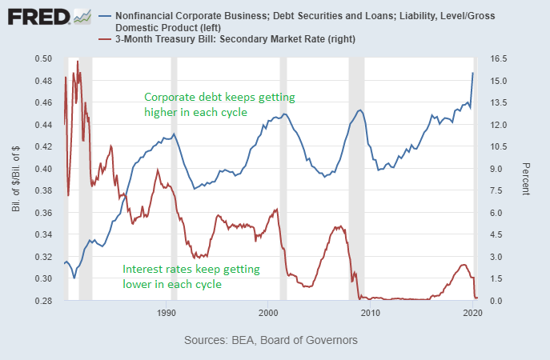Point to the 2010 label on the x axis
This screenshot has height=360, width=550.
pyautogui.click(x=370, y=312)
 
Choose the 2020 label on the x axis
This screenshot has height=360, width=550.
pyautogui.click(x=471, y=312)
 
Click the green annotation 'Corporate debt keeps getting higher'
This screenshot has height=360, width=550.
pyautogui.click(x=219, y=105)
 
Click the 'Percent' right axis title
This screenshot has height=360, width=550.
pyautogui.click(x=525, y=180)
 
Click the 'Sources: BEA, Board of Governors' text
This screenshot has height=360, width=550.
pyautogui.click(x=271, y=340)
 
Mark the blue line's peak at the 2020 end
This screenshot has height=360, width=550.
pyautogui.click(x=472, y=73)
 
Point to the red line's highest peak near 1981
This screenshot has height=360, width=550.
pyautogui.click(x=78, y=61)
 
